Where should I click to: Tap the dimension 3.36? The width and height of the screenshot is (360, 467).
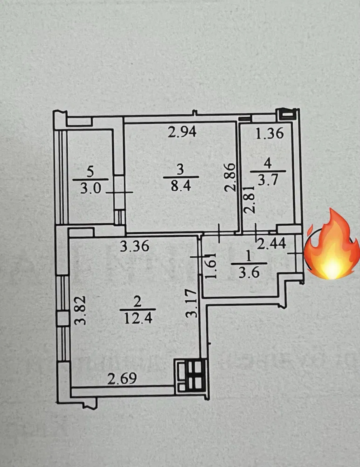[135, 246]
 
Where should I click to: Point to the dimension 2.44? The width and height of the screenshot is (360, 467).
[272, 244]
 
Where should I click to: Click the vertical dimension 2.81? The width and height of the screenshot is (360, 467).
[249, 199]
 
